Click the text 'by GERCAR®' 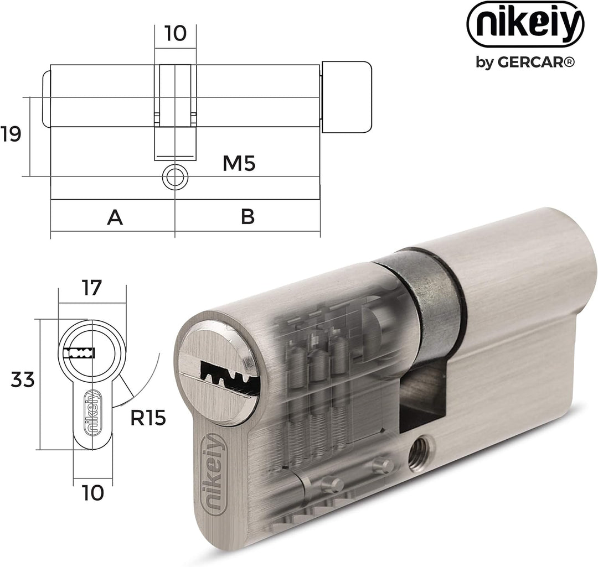[x=525, y=62]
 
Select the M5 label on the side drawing [x=239, y=164]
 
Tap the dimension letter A [x=115, y=217]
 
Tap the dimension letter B [x=248, y=217]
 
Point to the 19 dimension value [x=11, y=134]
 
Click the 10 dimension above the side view [x=176, y=33]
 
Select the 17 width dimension [x=91, y=288]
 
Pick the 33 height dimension [x=23, y=380]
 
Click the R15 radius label [x=148, y=418]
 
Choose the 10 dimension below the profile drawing [x=92, y=493]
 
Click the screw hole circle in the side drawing [x=175, y=177]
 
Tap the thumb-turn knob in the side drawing [x=347, y=97]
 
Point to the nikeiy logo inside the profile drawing [x=92, y=412]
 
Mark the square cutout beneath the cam [x=424, y=396]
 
